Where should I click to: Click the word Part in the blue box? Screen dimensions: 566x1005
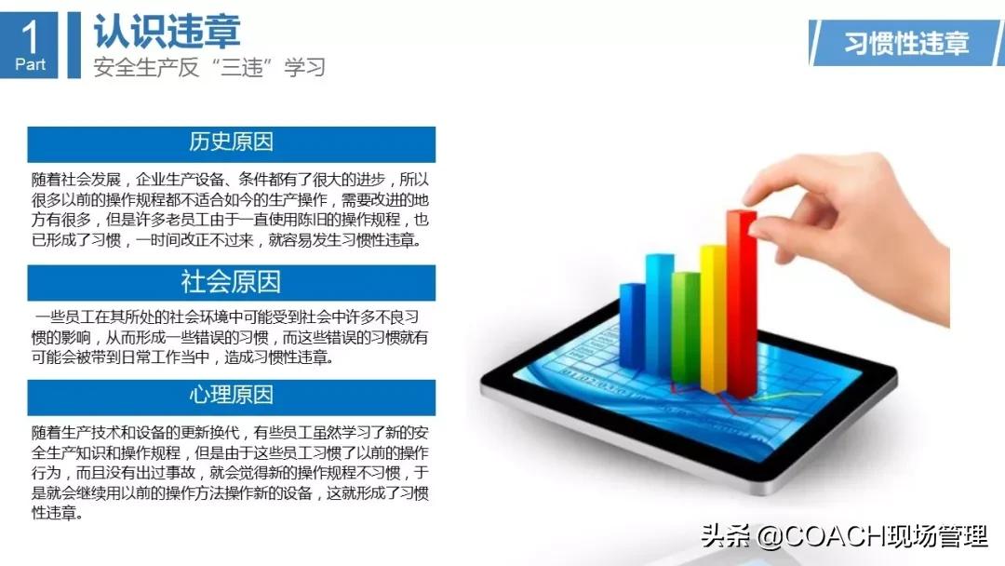point(30,65)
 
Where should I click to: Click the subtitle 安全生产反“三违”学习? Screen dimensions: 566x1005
point(209,67)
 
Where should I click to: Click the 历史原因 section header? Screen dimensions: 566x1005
point(231,142)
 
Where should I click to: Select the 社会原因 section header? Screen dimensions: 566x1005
point(231,281)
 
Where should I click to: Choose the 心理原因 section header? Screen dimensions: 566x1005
point(231,395)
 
